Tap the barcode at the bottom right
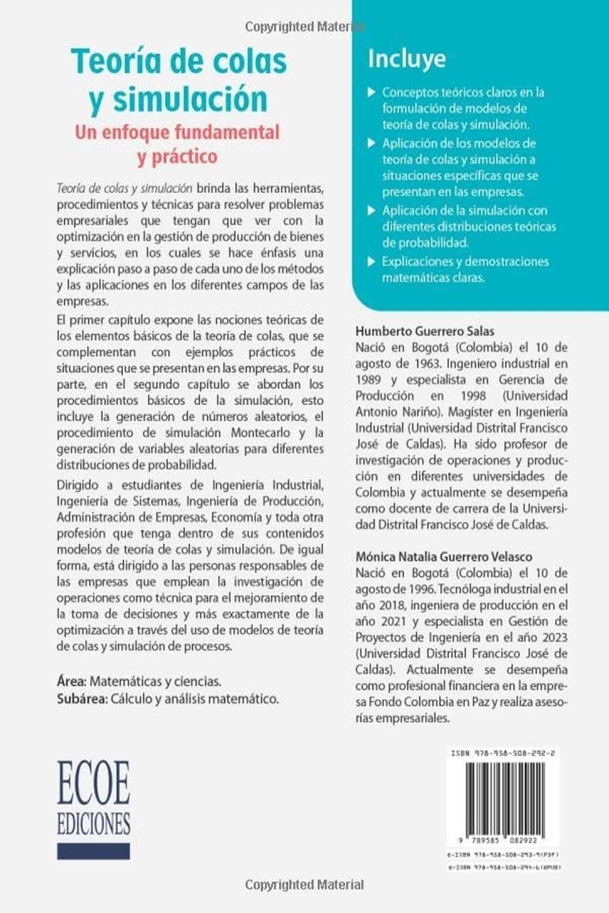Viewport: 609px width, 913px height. (x=502, y=802)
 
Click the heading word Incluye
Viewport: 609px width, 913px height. (x=406, y=59)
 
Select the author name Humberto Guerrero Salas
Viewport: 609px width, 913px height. (x=424, y=331)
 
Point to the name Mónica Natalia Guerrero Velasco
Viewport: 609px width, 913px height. (x=443, y=556)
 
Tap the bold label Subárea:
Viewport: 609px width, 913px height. (x=82, y=699)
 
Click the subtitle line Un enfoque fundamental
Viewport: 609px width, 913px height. (x=177, y=132)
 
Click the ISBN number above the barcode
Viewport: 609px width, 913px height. (x=502, y=753)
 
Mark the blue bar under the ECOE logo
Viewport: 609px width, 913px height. (x=93, y=850)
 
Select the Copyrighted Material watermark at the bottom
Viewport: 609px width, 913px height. (x=304, y=884)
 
